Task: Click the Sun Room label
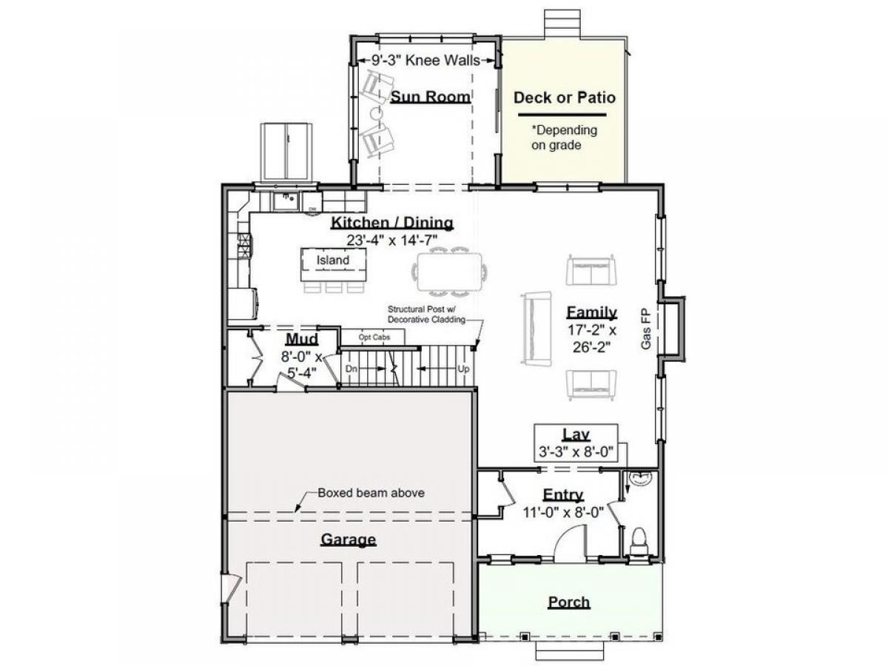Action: pyautogui.click(x=431, y=97)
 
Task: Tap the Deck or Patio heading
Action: pyautogui.click(x=565, y=98)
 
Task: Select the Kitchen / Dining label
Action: pyautogui.click(x=392, y=223)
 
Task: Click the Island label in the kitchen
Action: pyautogui.click(x=332, y=260)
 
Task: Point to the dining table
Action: pyautogui.click(x=449, y=272)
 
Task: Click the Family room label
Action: pyautogui.click(x=591, y=312)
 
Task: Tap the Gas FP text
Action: pyautogui.click(x=646, y=329)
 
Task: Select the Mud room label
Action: pyautogui.click(x=302, y=339)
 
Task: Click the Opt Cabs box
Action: pyautogui.click(x=374, y=337)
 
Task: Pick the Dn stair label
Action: pyautogui.click(x=351, y=369)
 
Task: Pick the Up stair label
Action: pyautogui.click(x=463, y=369)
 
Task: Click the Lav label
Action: pyautogui.click(x=576, y=434)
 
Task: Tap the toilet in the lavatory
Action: pyautogui.click(x=639, y=541)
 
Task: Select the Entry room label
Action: pyautogui.click(x=562, y=494)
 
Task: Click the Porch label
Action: pyautogui.click(x=569, y=602)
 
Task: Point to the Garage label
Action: pyautogui.click(x=349, y=539)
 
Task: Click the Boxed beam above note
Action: pyautogui.click(x=371, y=493)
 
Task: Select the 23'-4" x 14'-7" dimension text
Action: pyautogui.click(x=392, y=240)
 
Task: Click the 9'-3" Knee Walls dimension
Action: pyautogui.click(x=425, y=61)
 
